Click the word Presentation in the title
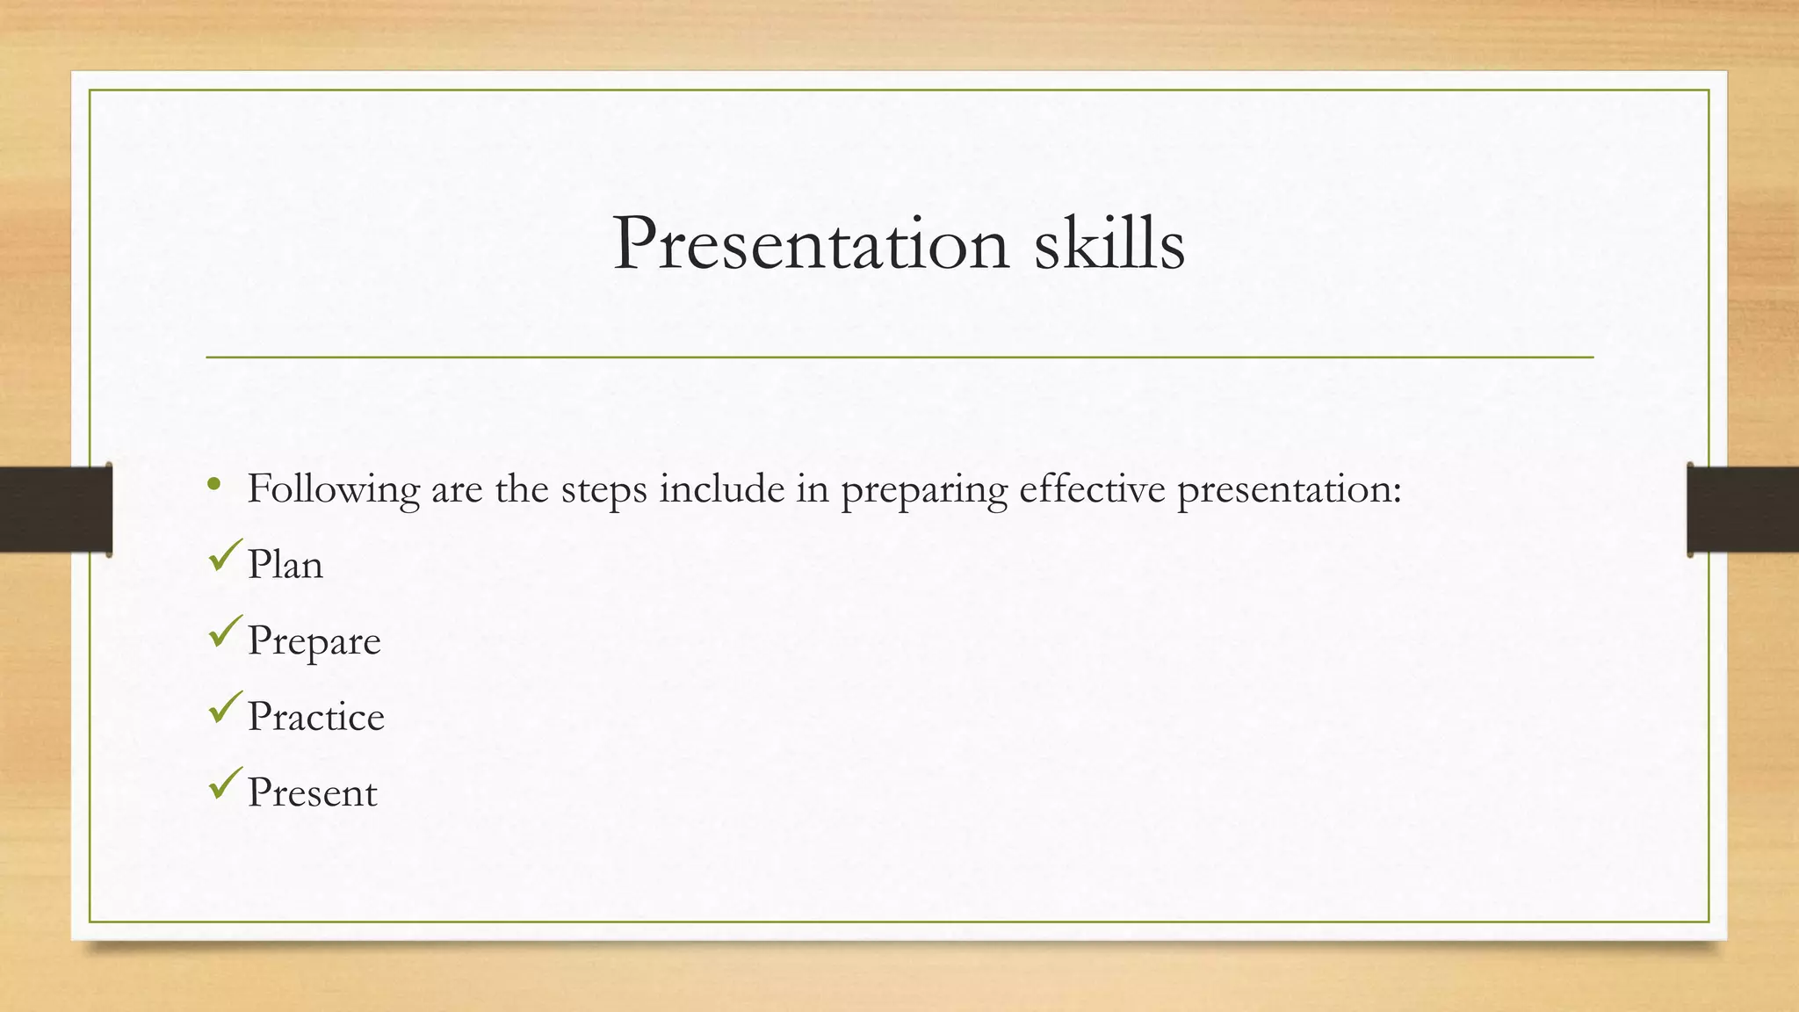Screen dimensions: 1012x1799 (x=810, y=243)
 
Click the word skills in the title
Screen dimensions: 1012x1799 (x=1109, y=243)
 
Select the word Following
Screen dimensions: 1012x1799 (x=333, y=489)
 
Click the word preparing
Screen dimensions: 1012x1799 (x=923, y=490)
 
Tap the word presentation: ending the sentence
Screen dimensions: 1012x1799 (x=1289, y=490)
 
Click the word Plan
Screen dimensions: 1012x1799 (x=285, y=564)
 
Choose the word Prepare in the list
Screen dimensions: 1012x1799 (x=314, y=641)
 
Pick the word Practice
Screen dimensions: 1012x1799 (x=315, y=717)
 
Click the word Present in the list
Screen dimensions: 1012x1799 (x=312, y=792)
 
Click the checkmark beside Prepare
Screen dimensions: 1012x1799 (x=225, y=632)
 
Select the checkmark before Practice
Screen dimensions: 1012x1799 (x=225, y=707)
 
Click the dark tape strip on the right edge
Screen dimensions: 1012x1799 (x=1743, y=510)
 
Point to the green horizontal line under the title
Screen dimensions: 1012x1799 (x=899, y=358)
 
